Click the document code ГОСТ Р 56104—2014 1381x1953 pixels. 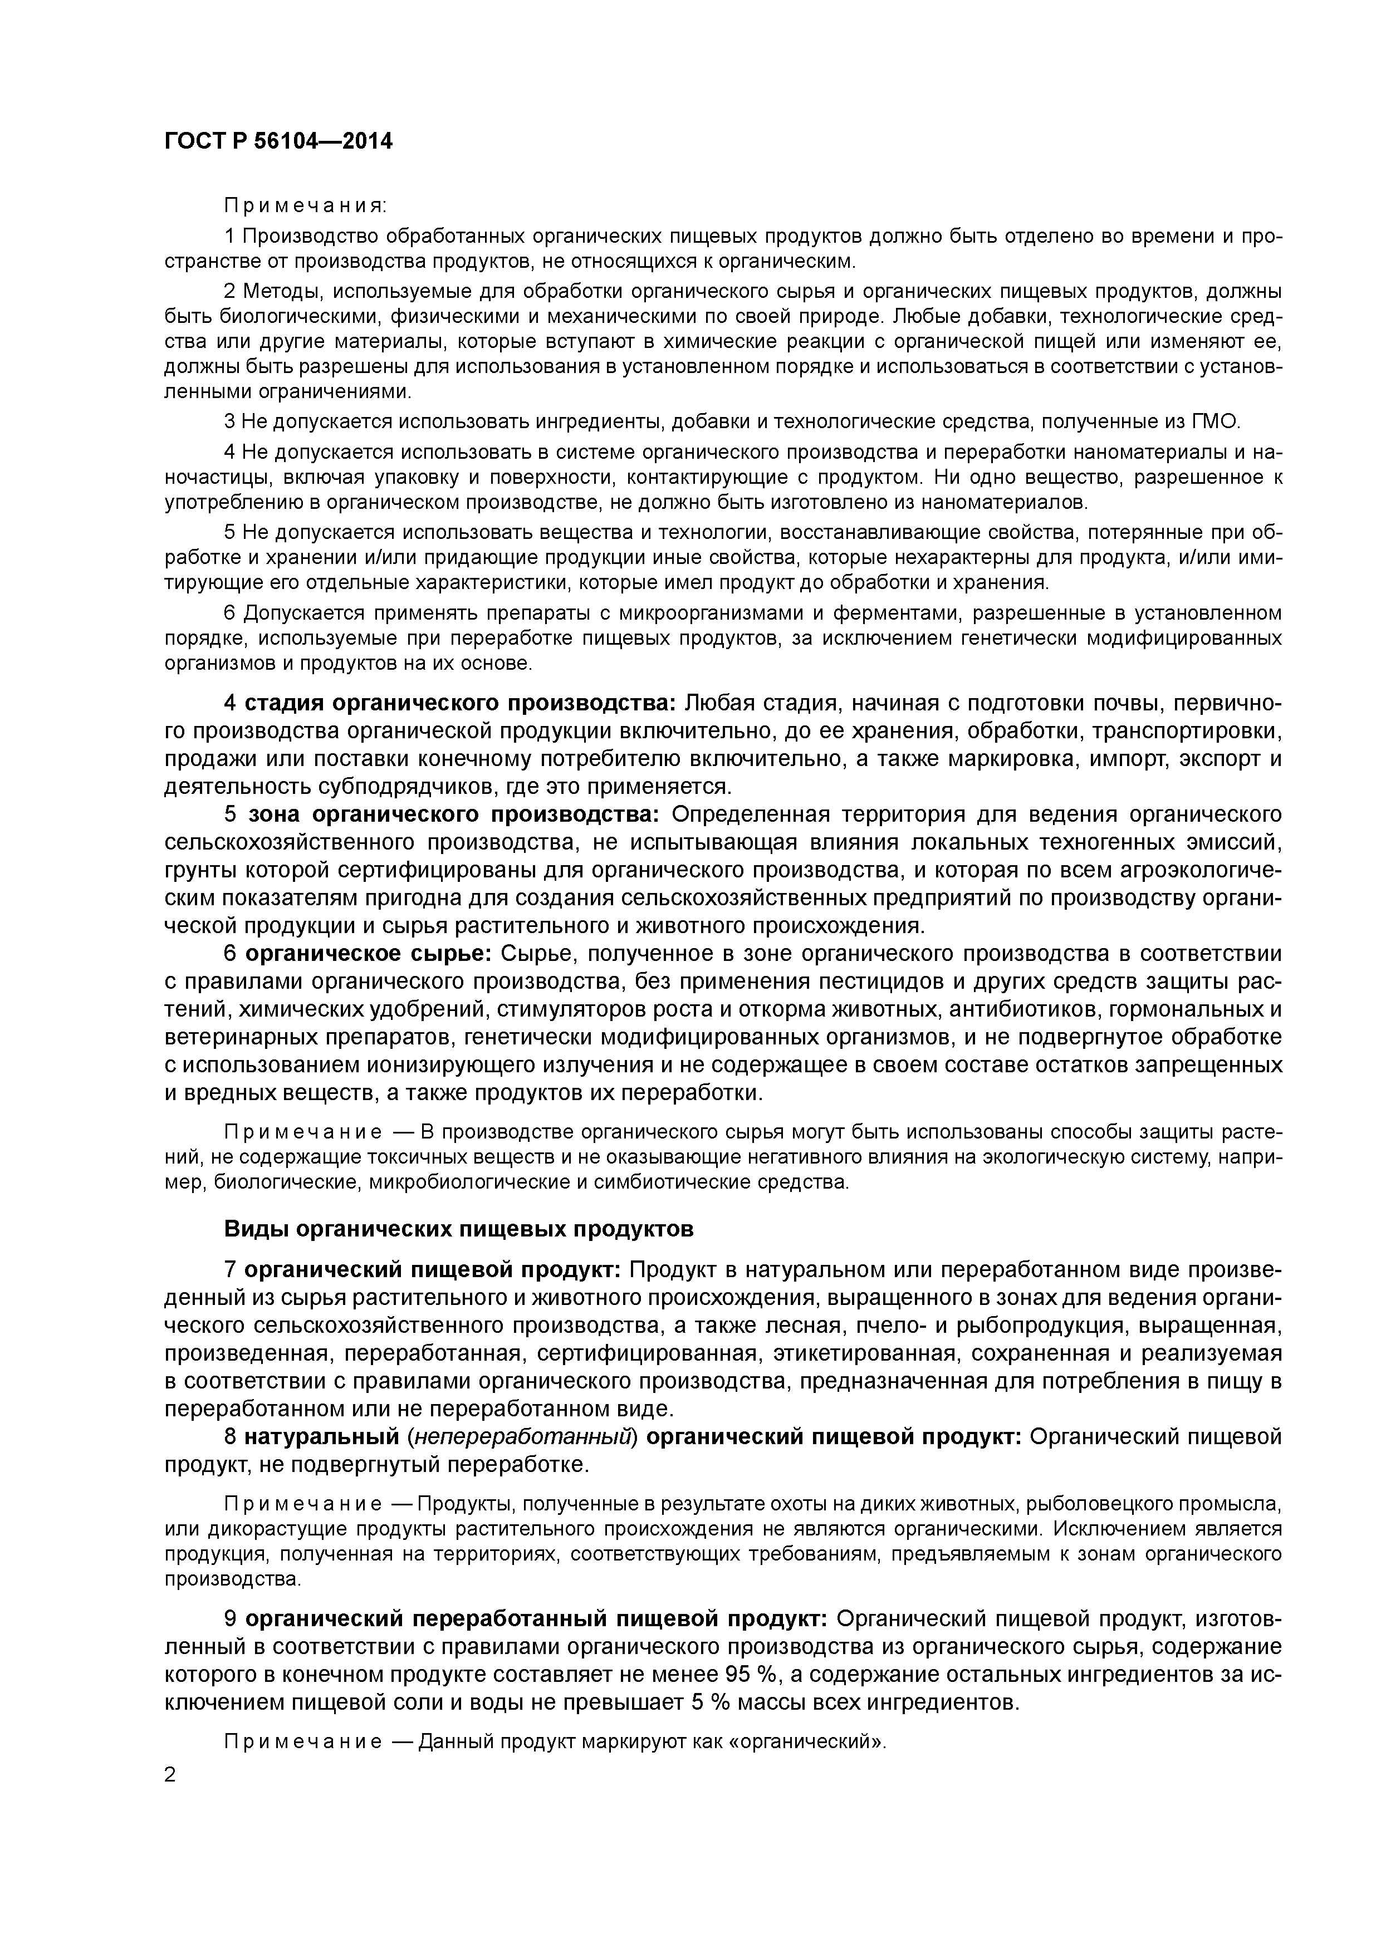(x=278, y=142)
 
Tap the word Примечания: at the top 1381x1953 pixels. (x=305, y=206)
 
